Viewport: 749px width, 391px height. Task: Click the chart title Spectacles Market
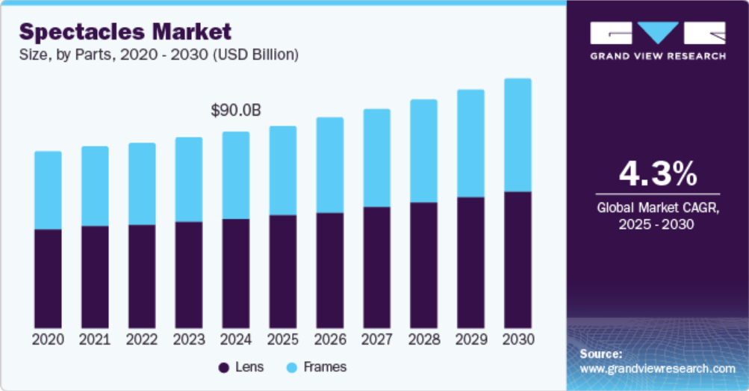point(125,31)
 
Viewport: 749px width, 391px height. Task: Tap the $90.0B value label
point(235,111)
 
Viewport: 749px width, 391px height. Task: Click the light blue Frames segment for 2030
point(518,135)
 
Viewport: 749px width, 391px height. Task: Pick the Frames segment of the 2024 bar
point(236,175)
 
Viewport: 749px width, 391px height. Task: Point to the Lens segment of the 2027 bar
point(376,266)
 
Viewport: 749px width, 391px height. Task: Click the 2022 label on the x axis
point(142,339)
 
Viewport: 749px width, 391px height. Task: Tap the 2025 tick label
point(283,339)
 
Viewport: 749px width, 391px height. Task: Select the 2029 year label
point(470,339)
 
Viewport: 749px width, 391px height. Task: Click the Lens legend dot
point(223,368)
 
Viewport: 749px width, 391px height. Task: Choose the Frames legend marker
point(292,368)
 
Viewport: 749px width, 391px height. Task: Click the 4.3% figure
point(657,173)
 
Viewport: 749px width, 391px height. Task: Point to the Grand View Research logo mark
point(657,33)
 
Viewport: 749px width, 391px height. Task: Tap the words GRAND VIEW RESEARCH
point(657,56)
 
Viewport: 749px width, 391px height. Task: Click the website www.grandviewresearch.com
point(657,369)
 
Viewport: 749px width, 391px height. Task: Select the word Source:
point(600,354)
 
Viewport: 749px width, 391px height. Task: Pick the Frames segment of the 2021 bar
point(95,186)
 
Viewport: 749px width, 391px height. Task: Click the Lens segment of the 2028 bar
point(423,264)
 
